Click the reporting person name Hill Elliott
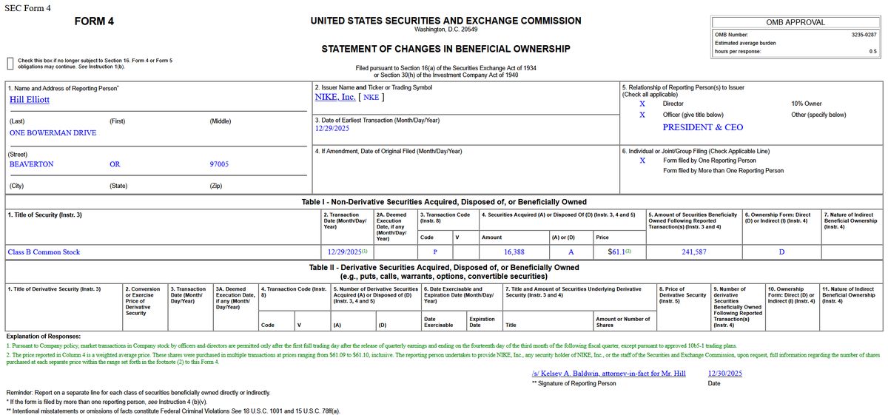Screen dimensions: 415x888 pos(30,99)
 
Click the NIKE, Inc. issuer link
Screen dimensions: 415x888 pos(335,97)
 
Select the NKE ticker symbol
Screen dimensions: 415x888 pos(371,97)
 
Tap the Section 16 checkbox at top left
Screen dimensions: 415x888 pos(10,63)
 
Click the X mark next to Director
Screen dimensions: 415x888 pos(642,104)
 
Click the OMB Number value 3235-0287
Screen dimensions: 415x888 pos(864,35)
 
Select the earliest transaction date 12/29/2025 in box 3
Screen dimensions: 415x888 pos(332,128)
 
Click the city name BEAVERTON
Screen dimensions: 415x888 pos(31,164)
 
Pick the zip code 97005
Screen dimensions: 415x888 pos(219,164)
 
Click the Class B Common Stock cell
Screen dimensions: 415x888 pos(44,252)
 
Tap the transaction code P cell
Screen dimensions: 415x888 pos(435,252)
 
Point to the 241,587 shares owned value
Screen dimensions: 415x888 pos(693,252)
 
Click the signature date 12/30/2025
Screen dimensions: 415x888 pos(724,374)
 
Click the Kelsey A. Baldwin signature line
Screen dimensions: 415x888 pos(608,374)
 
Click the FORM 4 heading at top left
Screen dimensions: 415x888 pos(94,21)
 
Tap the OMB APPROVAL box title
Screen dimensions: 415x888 pos(795,22)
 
